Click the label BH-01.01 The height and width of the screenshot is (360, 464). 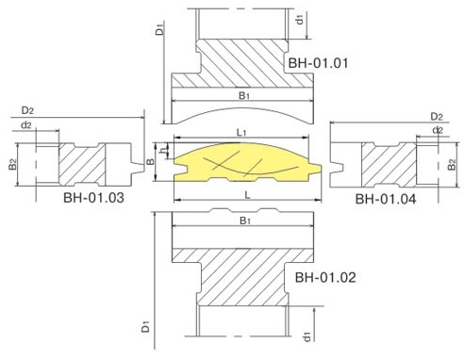(318, 63)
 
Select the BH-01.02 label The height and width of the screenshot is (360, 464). (325, 277)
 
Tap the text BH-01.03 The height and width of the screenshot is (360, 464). (93, 198)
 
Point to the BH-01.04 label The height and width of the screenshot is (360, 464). (386, 199)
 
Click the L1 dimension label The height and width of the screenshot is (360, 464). (241, 133)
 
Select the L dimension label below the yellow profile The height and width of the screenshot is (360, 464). (248, 195)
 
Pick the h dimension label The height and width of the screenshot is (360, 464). (162, 151)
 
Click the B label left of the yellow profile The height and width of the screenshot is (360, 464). (151, 162)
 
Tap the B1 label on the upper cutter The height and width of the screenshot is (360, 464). (244, 95)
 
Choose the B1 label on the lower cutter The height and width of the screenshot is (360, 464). (245, 221)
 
